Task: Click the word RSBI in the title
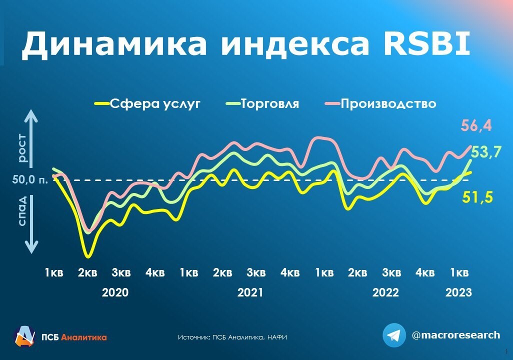(426, 43)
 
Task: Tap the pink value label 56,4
(476, 125)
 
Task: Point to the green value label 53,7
(486, 152)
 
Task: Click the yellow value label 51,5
(477, 197)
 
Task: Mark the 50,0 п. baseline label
(30, 179)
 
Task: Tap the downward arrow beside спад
(31, 224)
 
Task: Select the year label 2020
(115, 292)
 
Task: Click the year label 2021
(250, 292)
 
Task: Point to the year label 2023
(458, 292)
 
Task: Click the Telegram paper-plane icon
(394, 335)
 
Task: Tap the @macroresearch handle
(456, 335)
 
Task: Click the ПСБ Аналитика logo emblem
(25, 336)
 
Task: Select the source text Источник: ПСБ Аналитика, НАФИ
(232, 337)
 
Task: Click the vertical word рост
(22, 148)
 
